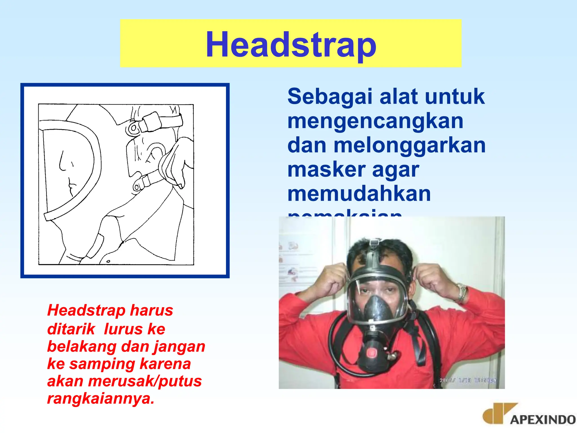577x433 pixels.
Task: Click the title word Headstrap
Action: [x=291, y=45]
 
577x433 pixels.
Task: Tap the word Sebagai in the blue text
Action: [x=330, y=96]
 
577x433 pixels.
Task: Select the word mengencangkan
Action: [x=375, y=121]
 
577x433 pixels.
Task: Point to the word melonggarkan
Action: [x=409, y=145]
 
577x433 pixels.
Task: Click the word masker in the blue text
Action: [x=326, y=170]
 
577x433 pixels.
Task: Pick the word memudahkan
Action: [x=359, y=194]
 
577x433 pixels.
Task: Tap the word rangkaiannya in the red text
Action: [x=101, y=398]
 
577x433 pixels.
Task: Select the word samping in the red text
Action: [x=102, y=364]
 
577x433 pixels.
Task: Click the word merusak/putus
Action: [x=145, y=381]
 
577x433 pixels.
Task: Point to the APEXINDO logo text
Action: [x=543, y=420]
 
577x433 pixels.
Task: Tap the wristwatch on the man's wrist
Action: [x=462, y=293]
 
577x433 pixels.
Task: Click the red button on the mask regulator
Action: [x=372, y=353]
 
